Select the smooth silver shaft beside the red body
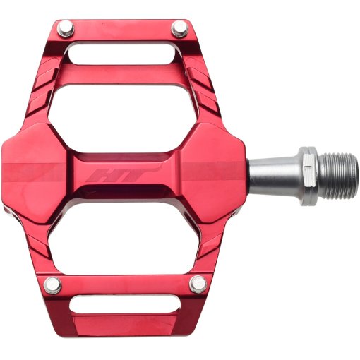[x=272, y=176]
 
